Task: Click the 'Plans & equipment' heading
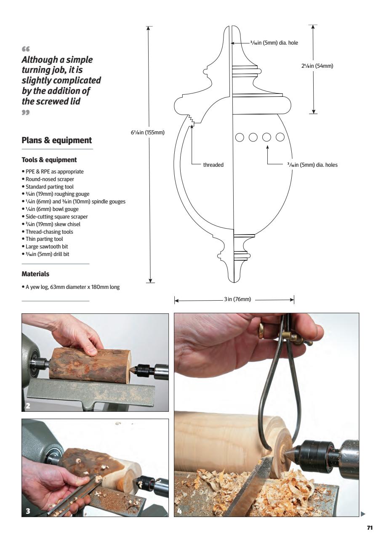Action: pyautogui.click(x=56, y=140)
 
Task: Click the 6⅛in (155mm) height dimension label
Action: pyautogui.click(x=147, y=132)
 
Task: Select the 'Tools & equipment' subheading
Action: pyautogui.click(x=43, y=160)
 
